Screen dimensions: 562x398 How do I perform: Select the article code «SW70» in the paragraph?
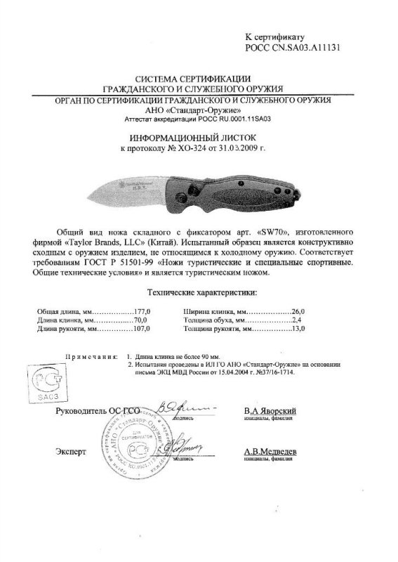click(x=268, y=232)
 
